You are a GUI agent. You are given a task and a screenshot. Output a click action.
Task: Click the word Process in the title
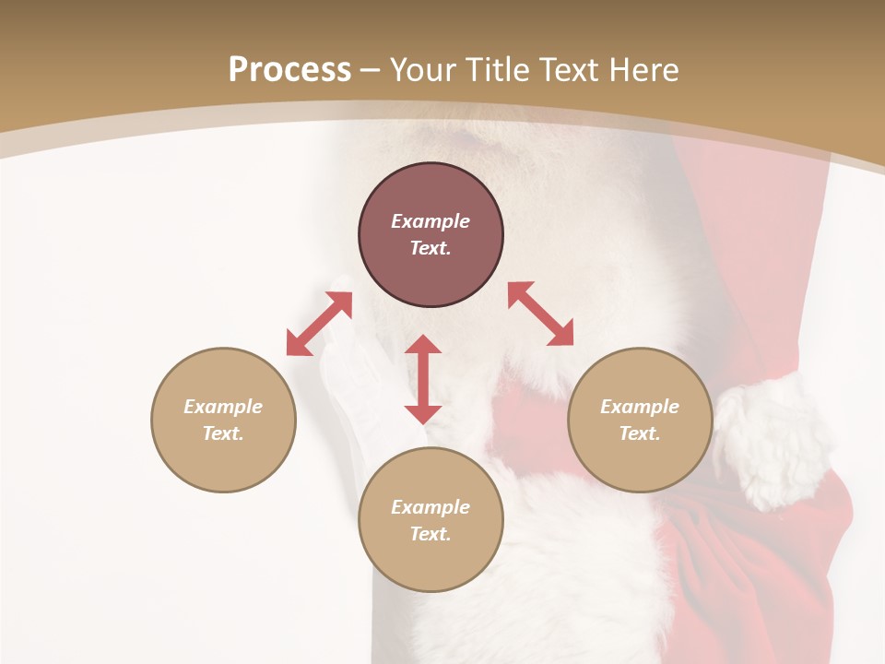(289, 70)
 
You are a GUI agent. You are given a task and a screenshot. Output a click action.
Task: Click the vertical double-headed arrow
(423, 379)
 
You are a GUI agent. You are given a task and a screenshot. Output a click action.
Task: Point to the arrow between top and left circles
(320, 324)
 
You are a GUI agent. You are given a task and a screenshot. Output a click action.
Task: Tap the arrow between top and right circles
(541, 314)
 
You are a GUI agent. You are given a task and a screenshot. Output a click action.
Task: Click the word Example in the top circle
(431, 221)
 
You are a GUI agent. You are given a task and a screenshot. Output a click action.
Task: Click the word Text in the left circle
(223, 433)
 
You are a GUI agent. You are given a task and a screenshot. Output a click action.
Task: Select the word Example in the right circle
(640, 407)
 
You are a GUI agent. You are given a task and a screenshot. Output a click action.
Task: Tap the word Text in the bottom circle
(431, 534)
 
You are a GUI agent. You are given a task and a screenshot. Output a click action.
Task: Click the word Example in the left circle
(223, 407)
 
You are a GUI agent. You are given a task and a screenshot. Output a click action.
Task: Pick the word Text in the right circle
(640, 433)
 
